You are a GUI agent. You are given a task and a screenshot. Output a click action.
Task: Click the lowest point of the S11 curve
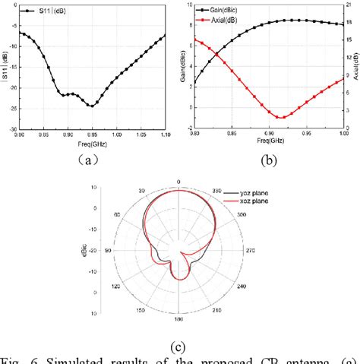91,106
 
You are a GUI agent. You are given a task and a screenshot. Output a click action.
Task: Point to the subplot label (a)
90,160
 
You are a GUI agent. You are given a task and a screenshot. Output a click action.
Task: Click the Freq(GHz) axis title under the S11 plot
92,142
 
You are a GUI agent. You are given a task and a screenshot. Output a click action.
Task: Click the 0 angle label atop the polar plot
178,182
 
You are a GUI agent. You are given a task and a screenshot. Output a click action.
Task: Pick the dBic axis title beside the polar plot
93,251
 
